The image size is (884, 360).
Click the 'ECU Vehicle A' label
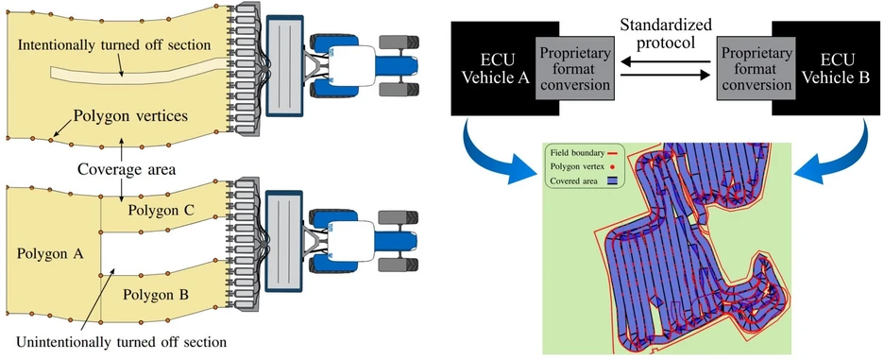coord(495,69)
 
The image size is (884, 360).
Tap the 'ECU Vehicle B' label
coord(837,68)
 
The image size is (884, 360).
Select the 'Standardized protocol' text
coord(665,33)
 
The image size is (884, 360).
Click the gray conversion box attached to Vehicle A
coord(575,68)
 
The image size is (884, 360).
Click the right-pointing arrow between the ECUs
coord(665,75)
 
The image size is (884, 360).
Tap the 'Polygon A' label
coord(50,254)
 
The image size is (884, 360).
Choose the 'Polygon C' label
coord(161,211)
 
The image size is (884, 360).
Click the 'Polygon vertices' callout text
coord(130,118)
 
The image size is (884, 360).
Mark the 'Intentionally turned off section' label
coord(114,43)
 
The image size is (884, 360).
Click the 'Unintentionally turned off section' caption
coord(122,342)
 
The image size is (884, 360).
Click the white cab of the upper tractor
coord(353,65)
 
